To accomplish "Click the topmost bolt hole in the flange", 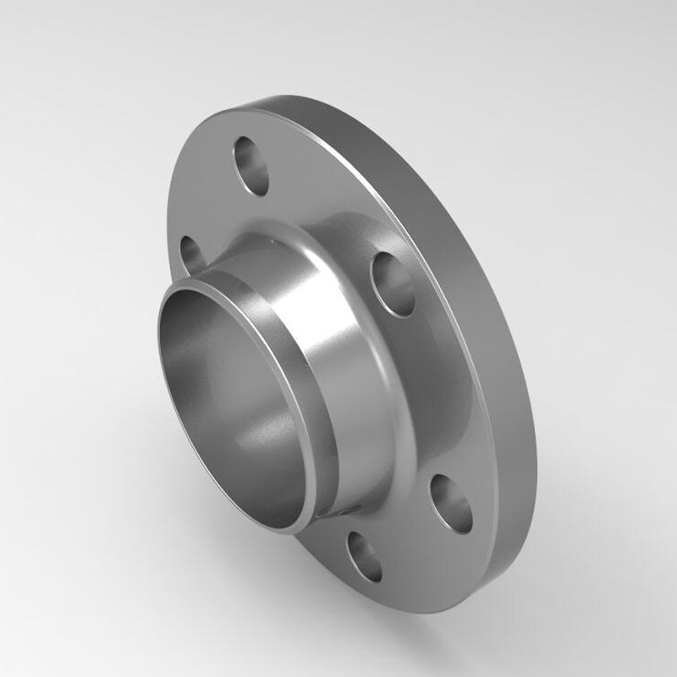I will pos(251,166).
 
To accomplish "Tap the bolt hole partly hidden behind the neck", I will pos(192,255).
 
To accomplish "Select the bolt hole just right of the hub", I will pos(394,283).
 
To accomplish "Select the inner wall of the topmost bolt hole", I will pos(244,157).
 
